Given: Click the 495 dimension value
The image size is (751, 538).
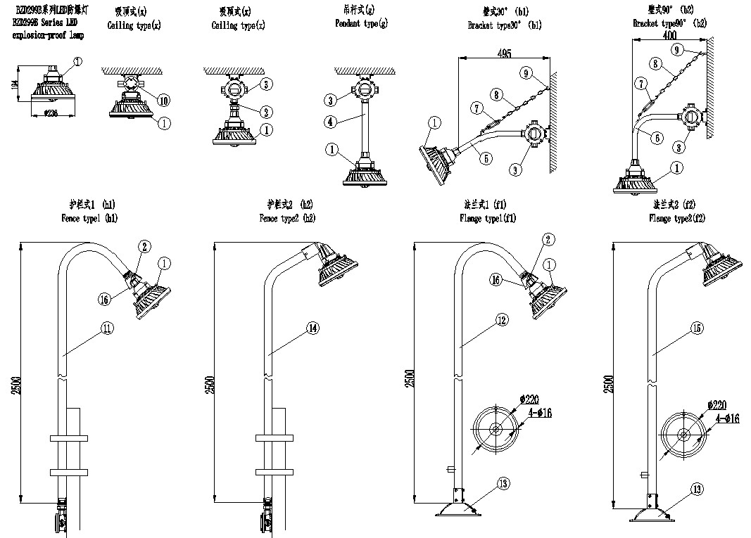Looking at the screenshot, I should [503, 53].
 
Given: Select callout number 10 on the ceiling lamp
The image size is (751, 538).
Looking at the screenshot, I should [163, 101].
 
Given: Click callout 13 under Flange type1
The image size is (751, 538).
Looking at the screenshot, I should [502, 484].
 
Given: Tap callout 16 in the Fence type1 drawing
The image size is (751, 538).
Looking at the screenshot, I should [104, 299].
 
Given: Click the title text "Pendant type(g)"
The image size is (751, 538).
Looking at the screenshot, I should [361, 24].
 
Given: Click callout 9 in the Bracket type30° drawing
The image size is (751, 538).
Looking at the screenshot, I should [526, 73].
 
